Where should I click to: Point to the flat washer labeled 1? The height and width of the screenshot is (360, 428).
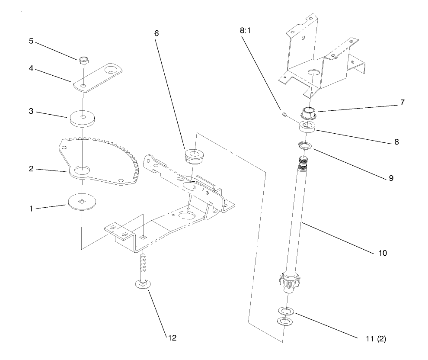point(82,201)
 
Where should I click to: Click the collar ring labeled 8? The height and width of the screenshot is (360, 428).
point(309,127)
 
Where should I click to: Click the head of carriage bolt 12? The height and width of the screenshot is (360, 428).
point(141,284)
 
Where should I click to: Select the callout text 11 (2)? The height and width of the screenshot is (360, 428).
point(374,339)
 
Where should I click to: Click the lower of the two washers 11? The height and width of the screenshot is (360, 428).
point(284,321)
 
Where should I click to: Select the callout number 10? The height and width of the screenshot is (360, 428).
point(382,253)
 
